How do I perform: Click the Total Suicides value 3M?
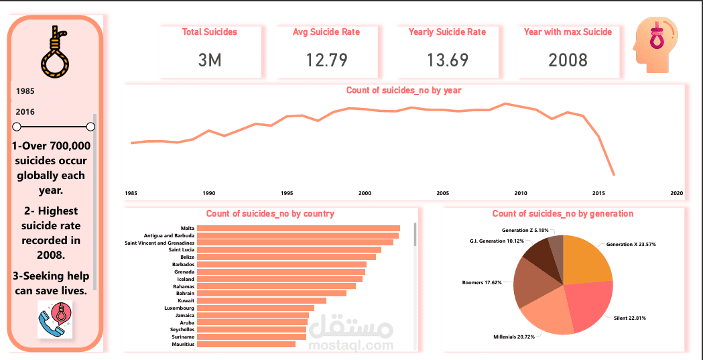[210, 60]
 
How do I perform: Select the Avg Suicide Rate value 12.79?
[326, 60]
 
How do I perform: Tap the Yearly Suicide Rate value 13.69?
[447, 60]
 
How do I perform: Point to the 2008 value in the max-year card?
[568, 60]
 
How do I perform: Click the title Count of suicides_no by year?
[403, 90]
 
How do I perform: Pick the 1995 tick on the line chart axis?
[287, 193]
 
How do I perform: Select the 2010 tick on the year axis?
[521, 193]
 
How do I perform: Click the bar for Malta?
[298, 229]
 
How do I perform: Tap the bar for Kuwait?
[262, 301]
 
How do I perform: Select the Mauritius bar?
[246, 344]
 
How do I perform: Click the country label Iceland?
[186, 279]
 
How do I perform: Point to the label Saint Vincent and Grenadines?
[159, 243]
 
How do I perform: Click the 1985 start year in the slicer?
[26, 90]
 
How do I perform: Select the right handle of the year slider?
[90, 127]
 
